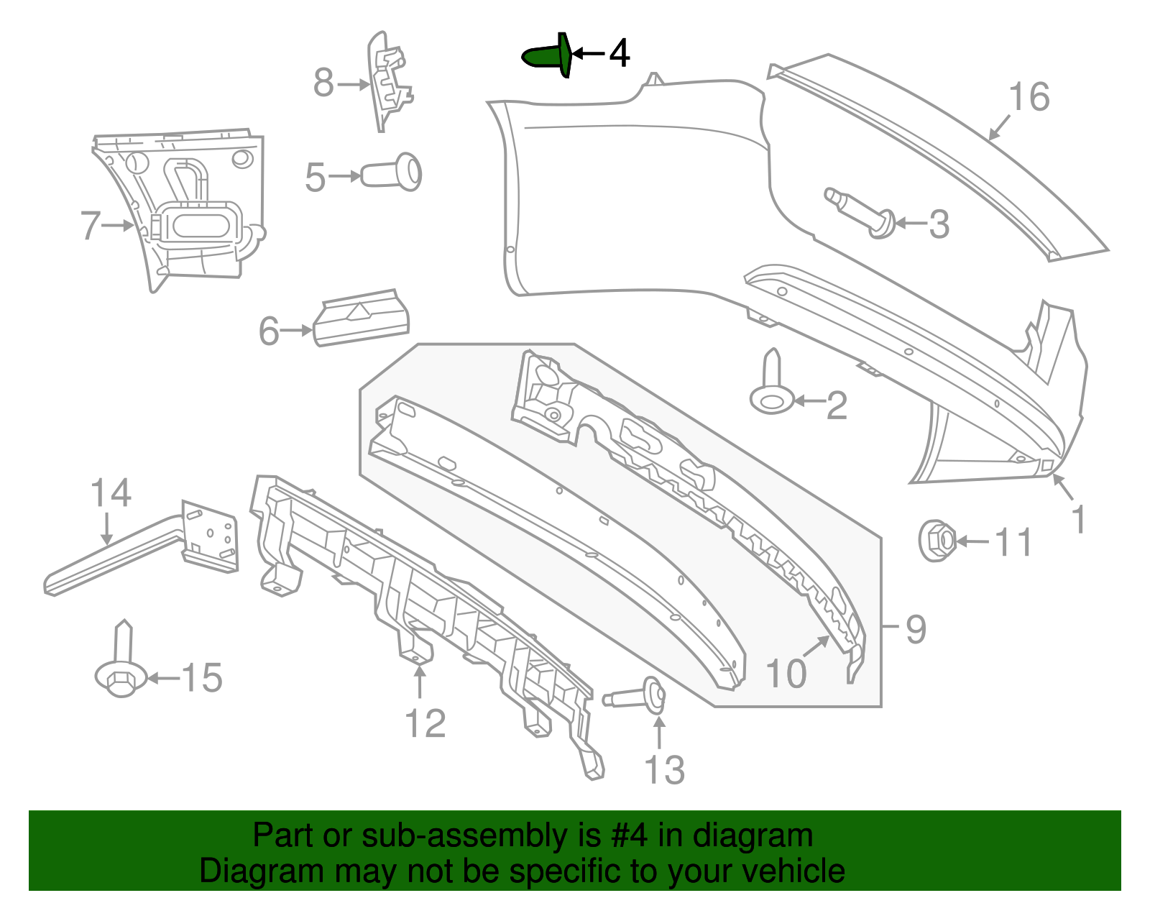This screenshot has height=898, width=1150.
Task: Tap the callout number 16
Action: point(1029,97)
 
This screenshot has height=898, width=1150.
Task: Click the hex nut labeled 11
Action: point(937,540)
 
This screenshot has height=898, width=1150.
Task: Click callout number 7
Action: point(89,225)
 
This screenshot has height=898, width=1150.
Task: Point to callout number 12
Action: point(425,723)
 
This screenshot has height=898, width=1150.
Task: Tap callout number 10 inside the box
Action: point(786,674)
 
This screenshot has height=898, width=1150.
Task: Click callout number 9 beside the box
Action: point(915,629)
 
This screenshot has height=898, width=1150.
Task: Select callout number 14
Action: point(111,493)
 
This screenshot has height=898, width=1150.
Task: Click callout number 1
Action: point(1078,519)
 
